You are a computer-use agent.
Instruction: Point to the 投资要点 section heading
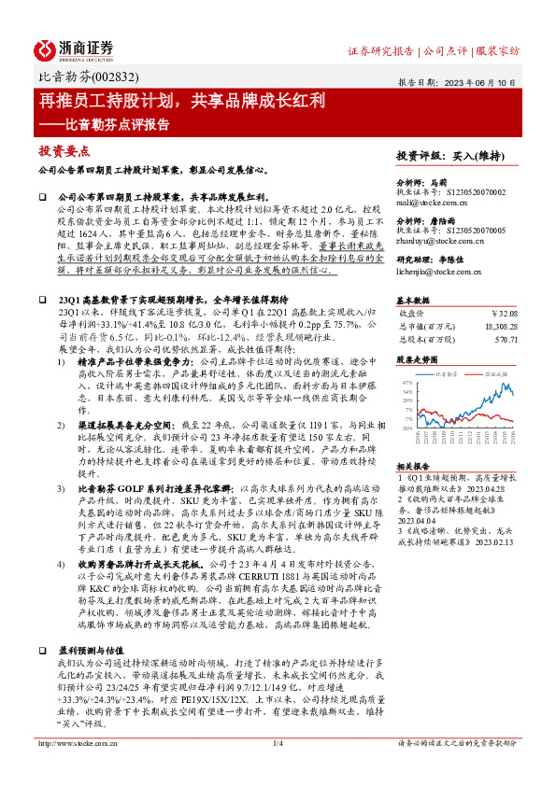(64, 150)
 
